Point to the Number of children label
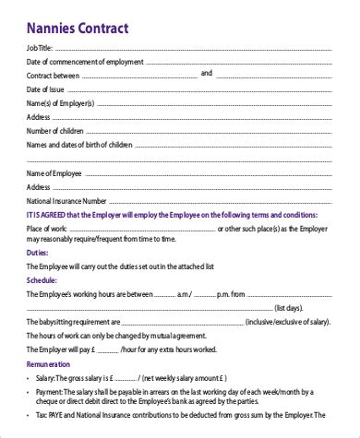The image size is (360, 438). click(x=57, y=130)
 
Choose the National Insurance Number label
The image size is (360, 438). click(x=67, y=202)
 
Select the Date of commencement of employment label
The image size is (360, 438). click(x=84, y=60)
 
